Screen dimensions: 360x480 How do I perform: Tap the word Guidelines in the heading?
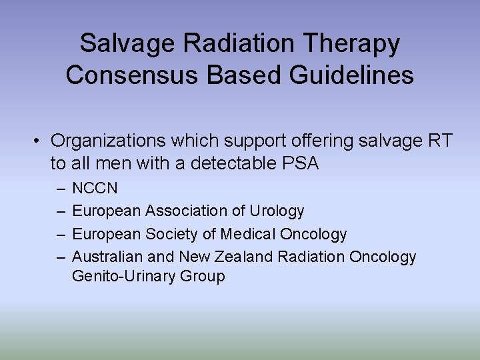tap(351, 75)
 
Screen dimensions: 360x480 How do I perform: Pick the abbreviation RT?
tap(439, 141)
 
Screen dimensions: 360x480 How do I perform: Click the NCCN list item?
tap(94, 189)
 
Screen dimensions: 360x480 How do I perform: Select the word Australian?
tap(107, 257)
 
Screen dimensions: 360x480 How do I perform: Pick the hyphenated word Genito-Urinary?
tap(124, 276)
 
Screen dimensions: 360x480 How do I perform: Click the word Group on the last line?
tap(203, 276)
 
